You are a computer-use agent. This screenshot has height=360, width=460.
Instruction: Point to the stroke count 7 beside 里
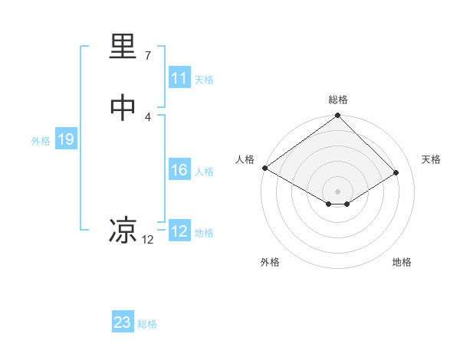pos(148,56)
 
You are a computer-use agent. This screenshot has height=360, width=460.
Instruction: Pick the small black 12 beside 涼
pos(148,240)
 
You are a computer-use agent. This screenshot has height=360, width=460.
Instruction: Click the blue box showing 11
pos(179,78)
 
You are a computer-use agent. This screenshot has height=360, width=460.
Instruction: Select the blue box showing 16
pos(179,170)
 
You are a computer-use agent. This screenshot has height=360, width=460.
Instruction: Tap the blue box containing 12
pos(179,231)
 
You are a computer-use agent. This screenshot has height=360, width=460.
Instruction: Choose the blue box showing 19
pos(66,139)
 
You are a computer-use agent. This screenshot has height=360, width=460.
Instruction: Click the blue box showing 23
pos(123,322)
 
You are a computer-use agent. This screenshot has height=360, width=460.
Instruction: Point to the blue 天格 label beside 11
pos(204,80)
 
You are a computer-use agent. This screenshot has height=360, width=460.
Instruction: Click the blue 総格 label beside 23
pos(147,324)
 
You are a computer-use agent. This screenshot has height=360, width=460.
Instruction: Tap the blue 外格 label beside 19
pos(41,141)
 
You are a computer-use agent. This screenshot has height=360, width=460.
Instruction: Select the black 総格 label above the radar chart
pos(338,100)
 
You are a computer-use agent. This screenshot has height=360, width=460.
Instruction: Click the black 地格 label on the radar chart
pos(402,262)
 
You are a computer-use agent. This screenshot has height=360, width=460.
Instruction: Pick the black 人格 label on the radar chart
pos(245,159)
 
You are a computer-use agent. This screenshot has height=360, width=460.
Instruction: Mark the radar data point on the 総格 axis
pos(338,116)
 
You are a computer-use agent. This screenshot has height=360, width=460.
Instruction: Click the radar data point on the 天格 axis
pos(396,173)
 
